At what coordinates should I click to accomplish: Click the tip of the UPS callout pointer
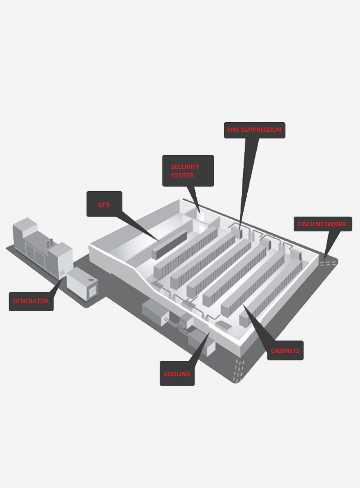point(159,241)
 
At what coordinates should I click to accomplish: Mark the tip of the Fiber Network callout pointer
point(324,260)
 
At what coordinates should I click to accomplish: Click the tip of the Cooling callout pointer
point(210,332)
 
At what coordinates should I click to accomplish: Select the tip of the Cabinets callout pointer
point(243,305)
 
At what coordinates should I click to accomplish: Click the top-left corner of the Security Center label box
point(162,155)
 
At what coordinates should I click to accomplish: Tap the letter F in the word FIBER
point(300,224)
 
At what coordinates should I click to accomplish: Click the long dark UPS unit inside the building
point(170,244)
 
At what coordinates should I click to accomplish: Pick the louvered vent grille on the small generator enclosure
point(92,291)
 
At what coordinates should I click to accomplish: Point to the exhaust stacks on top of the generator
point(50,243)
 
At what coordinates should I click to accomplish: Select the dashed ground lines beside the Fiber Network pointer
point(328,263)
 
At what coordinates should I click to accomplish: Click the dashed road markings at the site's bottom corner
point(239,371)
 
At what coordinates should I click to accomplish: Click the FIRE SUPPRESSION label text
point(254,130)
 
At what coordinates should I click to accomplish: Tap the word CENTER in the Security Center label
point(183,175)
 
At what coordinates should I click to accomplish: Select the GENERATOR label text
point(31,301)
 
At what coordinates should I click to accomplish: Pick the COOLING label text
point(177,374)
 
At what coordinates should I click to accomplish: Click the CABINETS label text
point(285,351)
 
